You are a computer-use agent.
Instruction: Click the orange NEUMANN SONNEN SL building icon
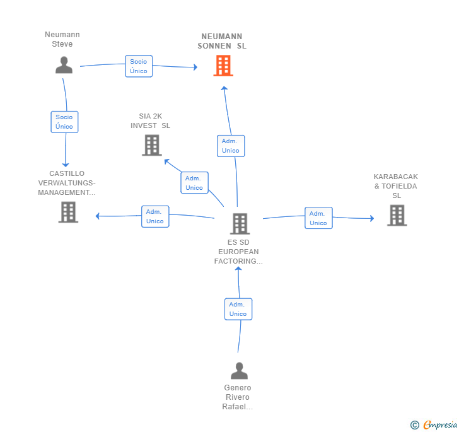click(x=223, y=66)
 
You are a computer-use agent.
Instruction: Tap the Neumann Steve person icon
click(x=64, y=65)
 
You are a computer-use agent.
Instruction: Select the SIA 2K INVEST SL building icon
click(x=152, y=145)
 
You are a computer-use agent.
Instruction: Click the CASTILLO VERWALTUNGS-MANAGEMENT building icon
click(x=68, y=212)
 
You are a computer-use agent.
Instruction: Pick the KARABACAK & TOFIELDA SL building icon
click(x=397, y=215)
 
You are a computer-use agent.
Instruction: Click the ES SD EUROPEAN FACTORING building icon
click(x=240, y=224)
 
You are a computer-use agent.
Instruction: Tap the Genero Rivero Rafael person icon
click(x=239, y=371)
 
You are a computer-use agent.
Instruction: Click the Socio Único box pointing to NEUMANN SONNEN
click(x=139, y=66)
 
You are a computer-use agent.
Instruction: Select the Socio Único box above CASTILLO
click(x=64, y=122)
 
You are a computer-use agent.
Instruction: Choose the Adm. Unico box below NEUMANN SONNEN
click(x=231, y=146)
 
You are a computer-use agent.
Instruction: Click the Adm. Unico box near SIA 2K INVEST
click(x=194, y=183)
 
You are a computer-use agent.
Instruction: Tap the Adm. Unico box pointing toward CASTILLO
click(x=155, y=216)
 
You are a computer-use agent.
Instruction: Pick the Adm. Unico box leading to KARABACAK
click(x=318, y=218)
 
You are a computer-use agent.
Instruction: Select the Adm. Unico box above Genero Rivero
click(x=238, y=309)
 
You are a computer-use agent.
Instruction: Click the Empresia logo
click(x=434, y=424)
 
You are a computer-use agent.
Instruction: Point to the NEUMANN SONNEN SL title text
click(x=222, y=41)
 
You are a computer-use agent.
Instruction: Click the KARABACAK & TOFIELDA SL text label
click(x=396, y=186)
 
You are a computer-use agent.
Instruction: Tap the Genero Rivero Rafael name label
click(x=238, y=397)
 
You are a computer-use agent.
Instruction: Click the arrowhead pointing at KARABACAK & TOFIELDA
click(x=372, y=218)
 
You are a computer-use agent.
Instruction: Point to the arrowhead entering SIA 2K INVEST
click(x=166, y=161)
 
